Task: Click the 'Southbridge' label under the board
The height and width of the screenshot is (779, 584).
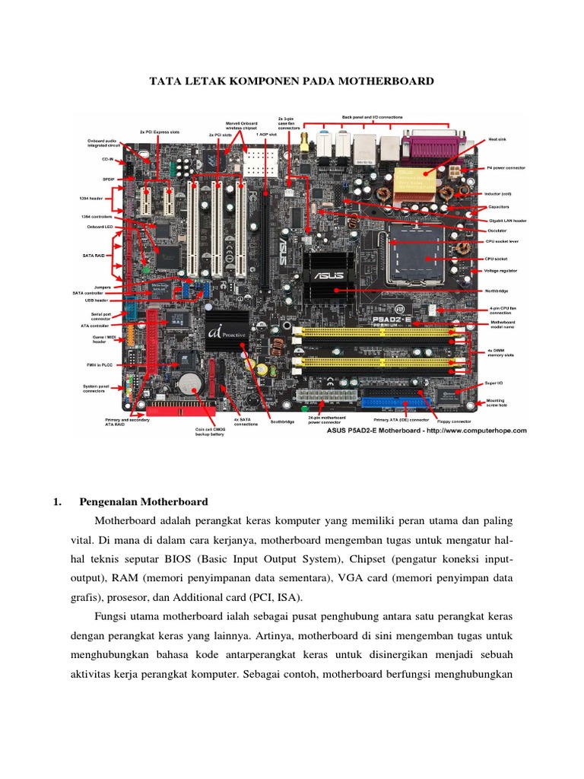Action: click(x=283, y=421)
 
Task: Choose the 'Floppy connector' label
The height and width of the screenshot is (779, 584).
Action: click(x=455, y=420)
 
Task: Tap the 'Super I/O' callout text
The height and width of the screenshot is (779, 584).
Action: click(x=495, y=383)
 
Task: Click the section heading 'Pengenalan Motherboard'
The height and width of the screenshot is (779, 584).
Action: click(x=144, y=502)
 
